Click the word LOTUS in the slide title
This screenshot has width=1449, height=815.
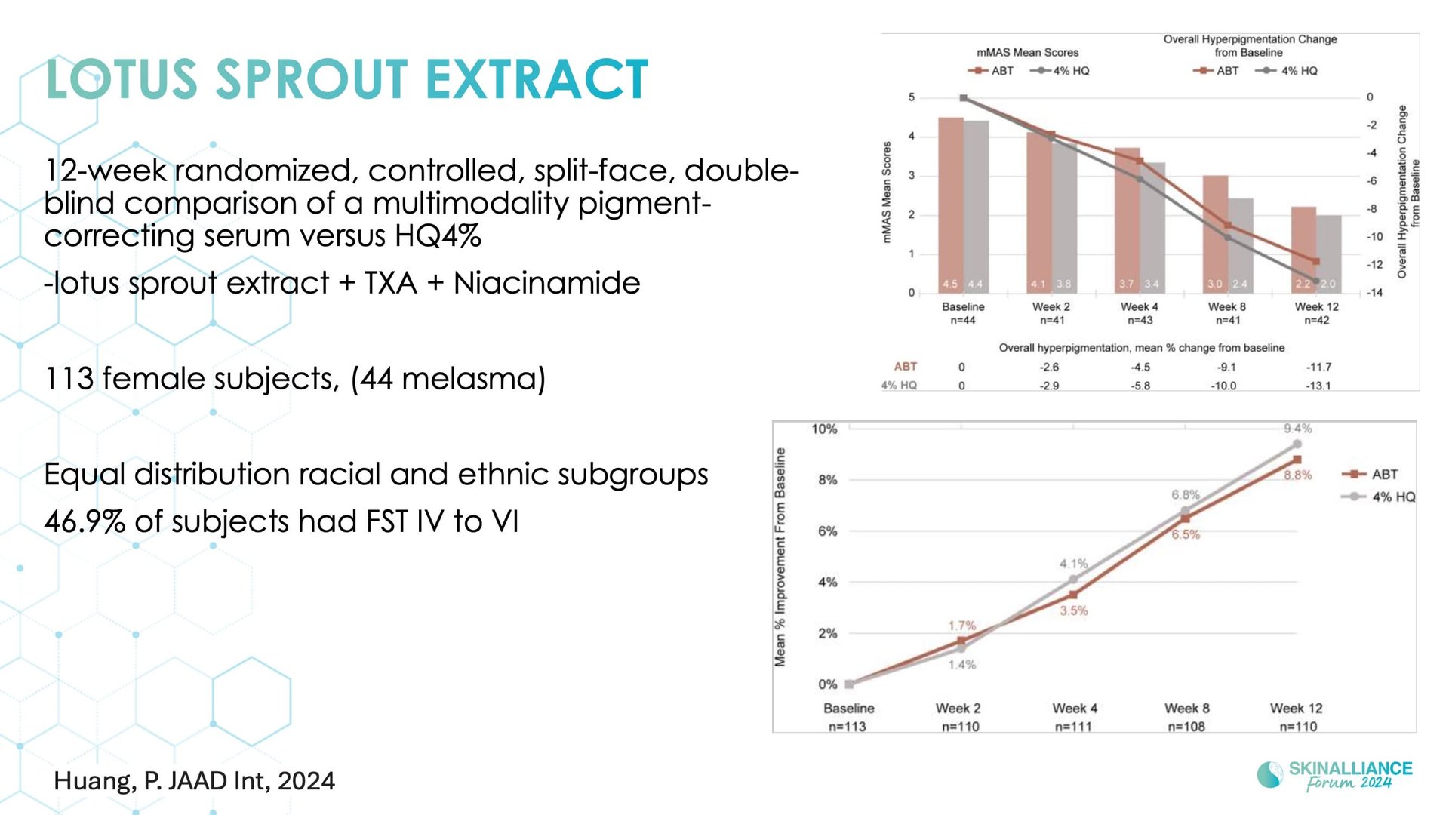(x=122, y=79)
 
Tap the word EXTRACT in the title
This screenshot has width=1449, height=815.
(x=537, y=79)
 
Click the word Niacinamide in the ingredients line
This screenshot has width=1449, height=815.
(x=546, y=283)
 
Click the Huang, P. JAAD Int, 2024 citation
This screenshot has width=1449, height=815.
(x=195, y=781)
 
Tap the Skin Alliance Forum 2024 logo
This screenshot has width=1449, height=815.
(x=1334, y=775)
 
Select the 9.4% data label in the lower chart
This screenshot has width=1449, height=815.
(x=1297, y=429)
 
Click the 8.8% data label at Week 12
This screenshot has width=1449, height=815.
(x=1298, y=475)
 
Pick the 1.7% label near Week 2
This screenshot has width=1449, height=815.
(x=962, y=626)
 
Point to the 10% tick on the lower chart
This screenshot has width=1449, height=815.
(x=824, y=429)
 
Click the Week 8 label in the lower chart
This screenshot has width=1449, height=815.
(x=1186, y=708)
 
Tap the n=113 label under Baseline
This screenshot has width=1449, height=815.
(x=848, y=727)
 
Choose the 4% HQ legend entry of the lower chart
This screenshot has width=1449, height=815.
(x=1378, y=497)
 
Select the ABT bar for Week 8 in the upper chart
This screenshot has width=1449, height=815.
(x=1215, y=234)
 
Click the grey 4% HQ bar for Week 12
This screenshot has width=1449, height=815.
(x=1329, y=254)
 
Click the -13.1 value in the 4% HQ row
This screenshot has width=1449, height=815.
(x=1318, y=386)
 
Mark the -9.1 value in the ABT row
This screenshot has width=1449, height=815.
(x=1226, y=367)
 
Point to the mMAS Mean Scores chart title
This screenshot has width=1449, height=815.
(x=1027, y=53)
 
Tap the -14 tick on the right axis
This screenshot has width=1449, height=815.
(x=1375, y=293)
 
